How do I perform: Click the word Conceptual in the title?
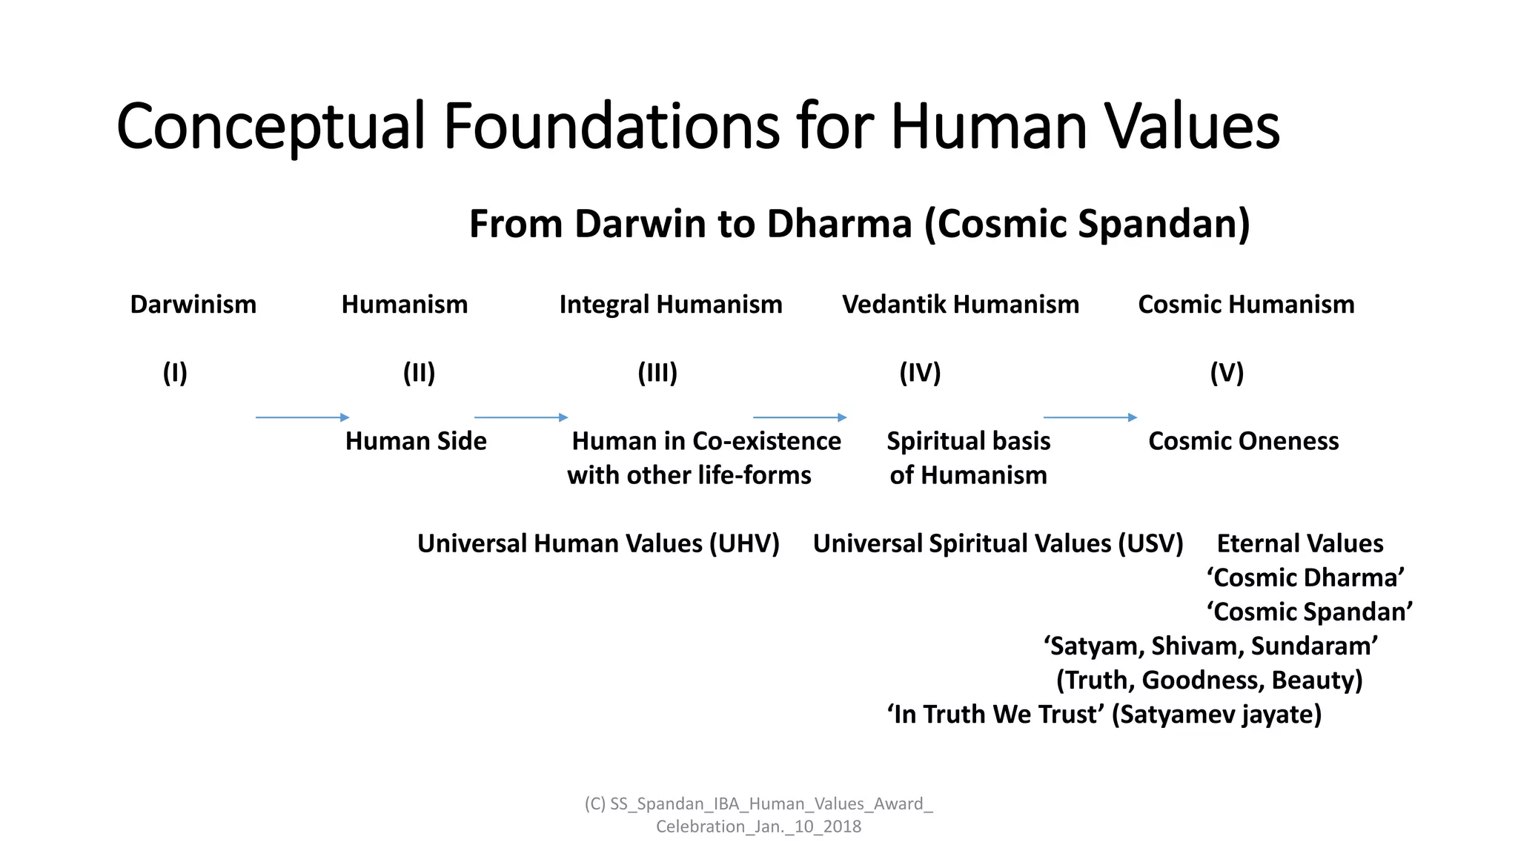click(271, 128)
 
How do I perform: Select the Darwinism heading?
click(193, 305)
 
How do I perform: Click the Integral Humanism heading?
click(670, 305)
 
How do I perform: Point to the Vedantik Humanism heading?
click(960, 305)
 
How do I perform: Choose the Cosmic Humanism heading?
click(1245, 305)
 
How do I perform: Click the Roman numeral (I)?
click(175, 373)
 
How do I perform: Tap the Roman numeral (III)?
click(657, 373)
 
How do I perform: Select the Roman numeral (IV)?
click(919, 373)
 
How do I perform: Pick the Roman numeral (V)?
click(1226, 373)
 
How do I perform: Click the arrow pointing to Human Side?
click(302, 417)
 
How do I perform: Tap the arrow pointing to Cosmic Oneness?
click(1090, 417)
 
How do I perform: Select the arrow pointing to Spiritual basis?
click(799, 417)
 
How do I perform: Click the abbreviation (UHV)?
click(743, 544)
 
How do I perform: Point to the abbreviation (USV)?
click(1150, 544)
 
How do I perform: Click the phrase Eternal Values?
click(1299, 544)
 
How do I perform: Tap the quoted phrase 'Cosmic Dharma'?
click(1305, 578)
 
